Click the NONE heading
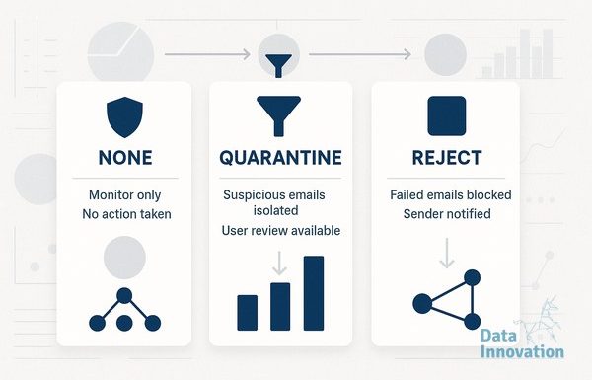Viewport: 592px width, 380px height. tap(125, 158)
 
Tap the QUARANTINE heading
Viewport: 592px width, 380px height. tap(280, 158)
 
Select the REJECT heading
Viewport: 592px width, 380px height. tap(447, 158)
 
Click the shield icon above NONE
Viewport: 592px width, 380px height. tap(124, 117)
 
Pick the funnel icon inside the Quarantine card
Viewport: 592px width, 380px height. tap(278, 115)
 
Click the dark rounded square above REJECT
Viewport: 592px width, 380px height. tap(447, 115)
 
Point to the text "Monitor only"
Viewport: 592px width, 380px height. tap(125, 194)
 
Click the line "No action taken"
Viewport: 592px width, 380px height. tap(126, 214)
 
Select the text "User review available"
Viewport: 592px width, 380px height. tap(281, 230)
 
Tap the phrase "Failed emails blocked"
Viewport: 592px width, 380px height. tap(451, 194)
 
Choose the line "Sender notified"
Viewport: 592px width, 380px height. tap(447, 214)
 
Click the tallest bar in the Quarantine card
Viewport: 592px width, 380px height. tap(314, 293)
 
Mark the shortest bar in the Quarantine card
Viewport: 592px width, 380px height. tap(248, 313)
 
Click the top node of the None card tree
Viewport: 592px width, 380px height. tap(124, 296)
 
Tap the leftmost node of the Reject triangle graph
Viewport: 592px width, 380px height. tap(422, 304)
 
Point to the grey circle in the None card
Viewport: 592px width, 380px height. tap(124, 258)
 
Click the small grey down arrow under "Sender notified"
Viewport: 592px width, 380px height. tap(447, 253)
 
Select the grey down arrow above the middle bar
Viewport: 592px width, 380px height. tap(279, 264)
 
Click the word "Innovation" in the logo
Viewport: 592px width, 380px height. tap(522, 352)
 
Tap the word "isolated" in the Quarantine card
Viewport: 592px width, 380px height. tap(275, 210)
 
